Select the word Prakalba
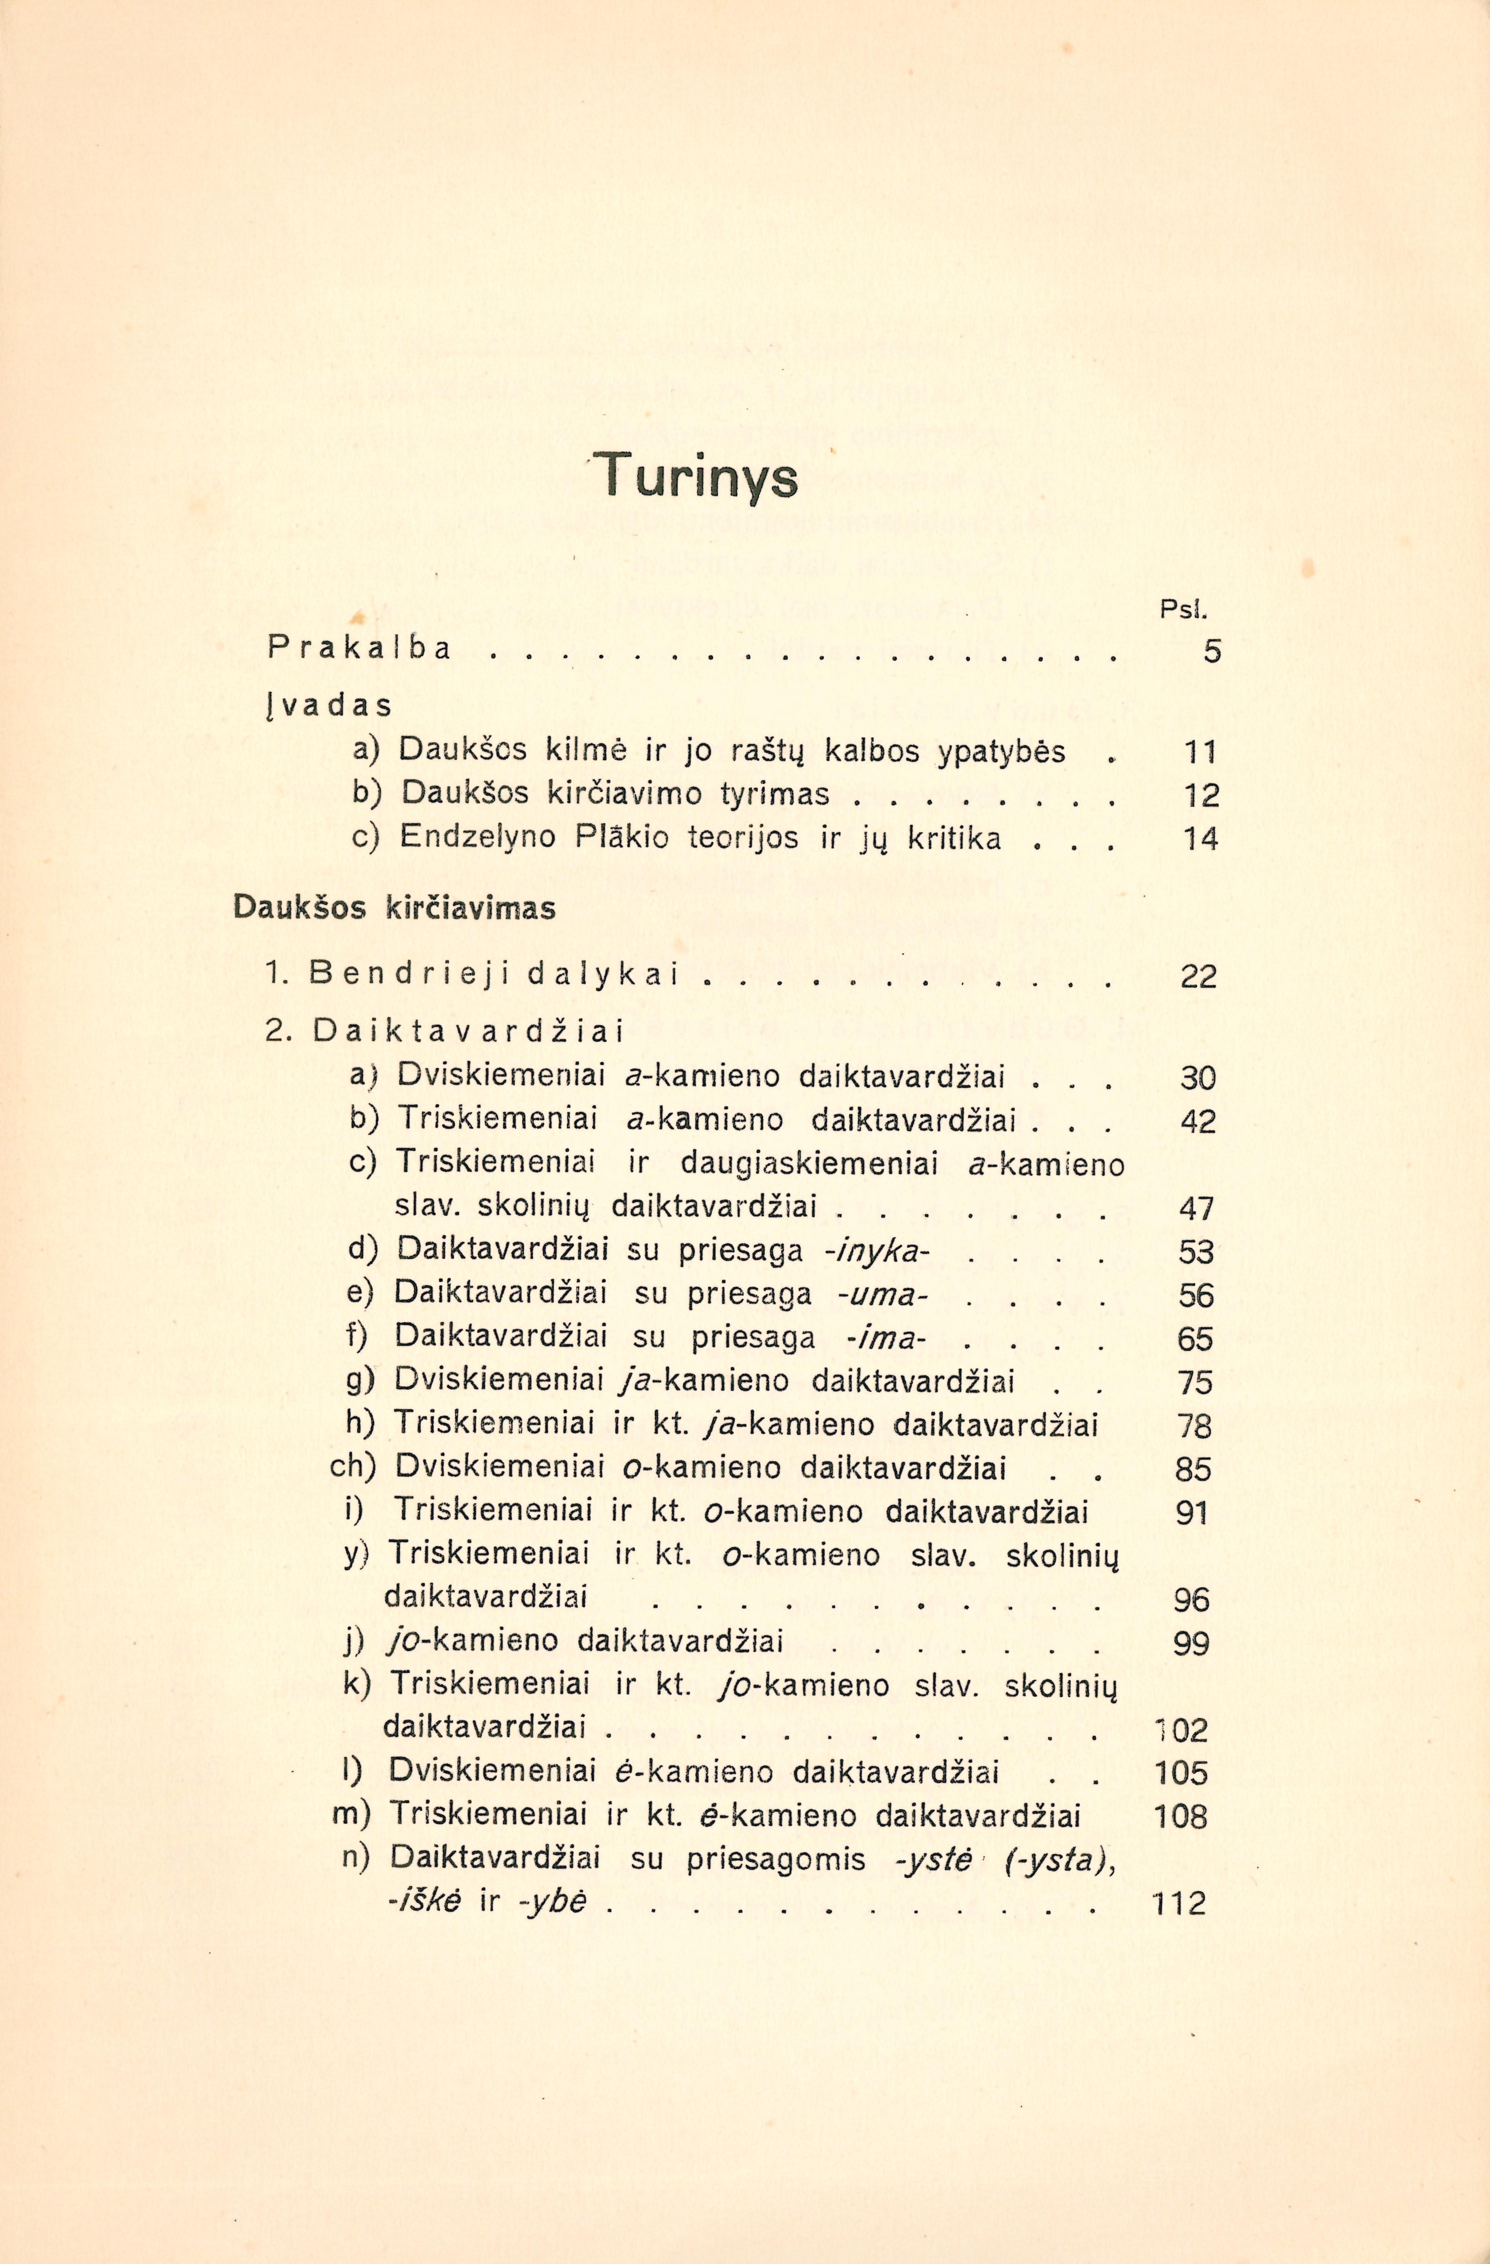[360, 649]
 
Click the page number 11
[1200, 753]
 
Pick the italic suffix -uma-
[882, 1294]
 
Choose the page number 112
[1179, 1903]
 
